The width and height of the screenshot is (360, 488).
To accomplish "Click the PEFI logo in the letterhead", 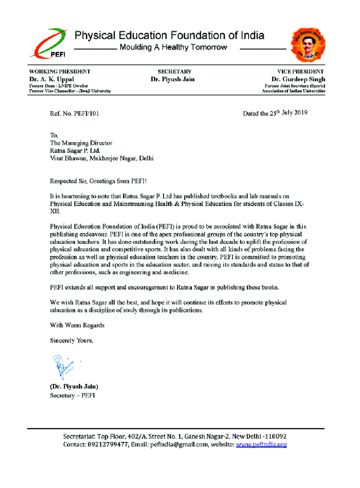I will coord(48,43).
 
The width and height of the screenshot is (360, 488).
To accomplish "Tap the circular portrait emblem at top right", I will coord(308,45).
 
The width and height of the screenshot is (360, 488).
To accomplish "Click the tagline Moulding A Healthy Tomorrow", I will coord(173,48).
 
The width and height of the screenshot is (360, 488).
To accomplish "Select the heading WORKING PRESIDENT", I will coord(60,72).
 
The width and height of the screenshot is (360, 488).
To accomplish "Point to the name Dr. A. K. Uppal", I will coord(51,79).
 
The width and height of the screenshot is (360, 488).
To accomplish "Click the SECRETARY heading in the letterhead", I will coord(174,72).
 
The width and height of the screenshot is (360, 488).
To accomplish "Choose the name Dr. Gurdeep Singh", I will coord(298,79).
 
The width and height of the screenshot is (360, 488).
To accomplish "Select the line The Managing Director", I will coord(81,143).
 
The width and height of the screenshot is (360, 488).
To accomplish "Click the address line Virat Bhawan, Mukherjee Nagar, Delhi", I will coord(102,159).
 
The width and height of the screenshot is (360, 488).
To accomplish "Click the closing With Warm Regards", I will coord(77,325).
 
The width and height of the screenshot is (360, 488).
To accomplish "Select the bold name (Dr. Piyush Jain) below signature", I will coord(74,387).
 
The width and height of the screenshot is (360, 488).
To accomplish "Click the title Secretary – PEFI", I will coord(72,396).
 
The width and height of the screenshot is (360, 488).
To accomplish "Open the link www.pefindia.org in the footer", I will coord(261,445).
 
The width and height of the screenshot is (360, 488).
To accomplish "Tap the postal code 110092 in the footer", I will coord(275,437).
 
